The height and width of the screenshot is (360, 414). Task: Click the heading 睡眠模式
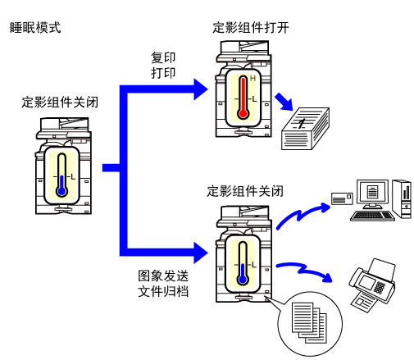[35, 28]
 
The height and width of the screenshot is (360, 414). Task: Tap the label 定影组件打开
[251, 28]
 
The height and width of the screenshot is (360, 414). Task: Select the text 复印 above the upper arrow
[163, 57]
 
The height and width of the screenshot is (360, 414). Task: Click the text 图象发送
[163, 276]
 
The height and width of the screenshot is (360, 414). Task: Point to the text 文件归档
[163, 291]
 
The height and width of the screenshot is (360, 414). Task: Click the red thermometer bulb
[243, 113]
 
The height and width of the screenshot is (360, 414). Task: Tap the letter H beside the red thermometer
[252, 79]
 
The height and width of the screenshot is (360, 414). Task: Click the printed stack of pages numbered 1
[305, 129]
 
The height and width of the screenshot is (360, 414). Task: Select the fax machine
[372, 285]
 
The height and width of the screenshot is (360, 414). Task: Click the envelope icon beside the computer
[342, 198]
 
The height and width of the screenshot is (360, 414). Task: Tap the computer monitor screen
[372, 192]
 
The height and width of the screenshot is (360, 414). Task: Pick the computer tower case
[402, 198]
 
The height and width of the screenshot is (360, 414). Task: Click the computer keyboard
[372, 216]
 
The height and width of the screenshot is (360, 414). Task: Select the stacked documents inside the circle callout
[309, 322]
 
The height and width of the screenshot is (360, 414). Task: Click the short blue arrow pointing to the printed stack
[284, 102]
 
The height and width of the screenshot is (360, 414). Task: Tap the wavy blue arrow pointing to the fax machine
[304, 271]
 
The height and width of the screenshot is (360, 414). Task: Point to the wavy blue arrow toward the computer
[303, 215]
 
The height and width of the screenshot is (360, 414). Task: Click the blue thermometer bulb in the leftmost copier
[62, 191]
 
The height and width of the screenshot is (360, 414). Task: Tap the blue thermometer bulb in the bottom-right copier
[243, 280]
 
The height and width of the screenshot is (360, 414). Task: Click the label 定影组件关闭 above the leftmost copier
[60, 103]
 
